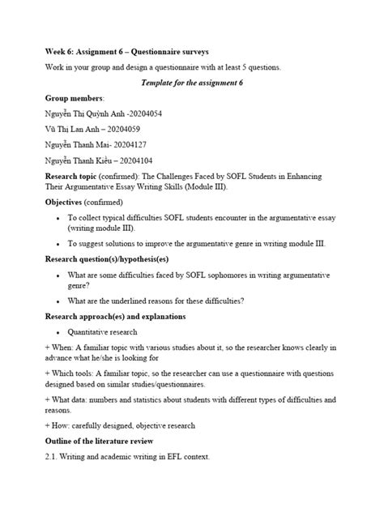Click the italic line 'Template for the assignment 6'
(191, 83)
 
